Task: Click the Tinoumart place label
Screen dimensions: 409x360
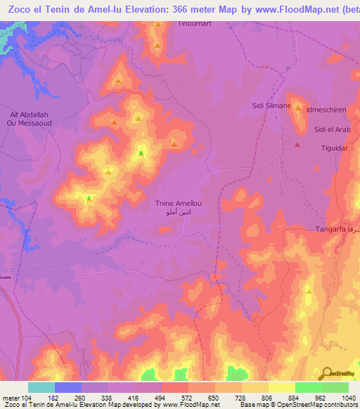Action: point(195,23)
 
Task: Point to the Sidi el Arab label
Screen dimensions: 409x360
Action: point(331,130)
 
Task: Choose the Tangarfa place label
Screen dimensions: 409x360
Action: point(333,230)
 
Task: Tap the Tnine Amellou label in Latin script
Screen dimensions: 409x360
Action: point(179,202)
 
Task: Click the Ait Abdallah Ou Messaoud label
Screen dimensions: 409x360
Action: point(25,118)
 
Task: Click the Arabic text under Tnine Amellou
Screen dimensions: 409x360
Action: point(179,211)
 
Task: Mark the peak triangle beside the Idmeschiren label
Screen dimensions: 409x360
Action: point(299,109)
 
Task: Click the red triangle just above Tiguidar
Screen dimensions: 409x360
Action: point(297,145)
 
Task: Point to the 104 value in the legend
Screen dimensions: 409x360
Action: point(27,398)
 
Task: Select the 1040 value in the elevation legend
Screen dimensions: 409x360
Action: point(348,398)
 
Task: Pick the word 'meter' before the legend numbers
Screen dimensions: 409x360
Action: point(9,398)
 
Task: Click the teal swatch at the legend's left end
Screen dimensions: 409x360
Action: point(41,387)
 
